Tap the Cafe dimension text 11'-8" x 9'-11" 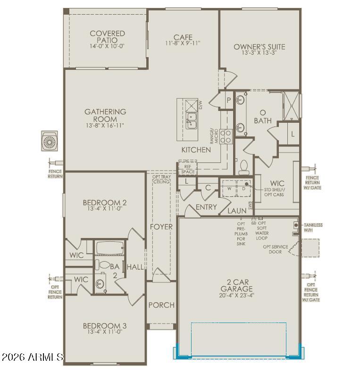point(183,43)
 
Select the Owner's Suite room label point(259,47)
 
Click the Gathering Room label point(105,115)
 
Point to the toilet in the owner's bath point(244,167)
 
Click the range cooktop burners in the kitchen point(226,136)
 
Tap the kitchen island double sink point(191,121)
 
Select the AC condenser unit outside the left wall point(50,141)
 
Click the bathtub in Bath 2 point(110,248)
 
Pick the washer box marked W point(229,188)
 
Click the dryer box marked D point(244,188)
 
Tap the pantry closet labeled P point(229,100)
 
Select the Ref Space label point(188,169)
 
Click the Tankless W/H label point(313,228)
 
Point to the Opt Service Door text point(276,249)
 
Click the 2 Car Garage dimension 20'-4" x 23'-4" point(236,295)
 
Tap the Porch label point(161,305)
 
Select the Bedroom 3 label point(105,325)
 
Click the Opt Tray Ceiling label point(161,179)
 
